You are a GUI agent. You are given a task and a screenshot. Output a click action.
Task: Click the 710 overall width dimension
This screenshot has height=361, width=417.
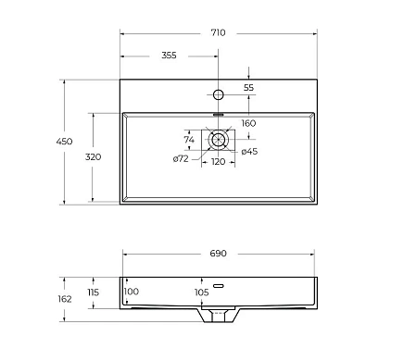(x=218, y=32)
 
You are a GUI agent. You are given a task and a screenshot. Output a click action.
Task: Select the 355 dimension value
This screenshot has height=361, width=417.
(x=169, y=56)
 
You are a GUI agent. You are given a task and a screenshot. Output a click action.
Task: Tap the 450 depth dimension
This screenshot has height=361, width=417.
(x=64, y=142)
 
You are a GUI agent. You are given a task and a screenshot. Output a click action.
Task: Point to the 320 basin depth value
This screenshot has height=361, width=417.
(x=93, y=156)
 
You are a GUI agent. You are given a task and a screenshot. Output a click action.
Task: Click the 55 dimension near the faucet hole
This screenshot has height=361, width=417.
(x=248, y=88)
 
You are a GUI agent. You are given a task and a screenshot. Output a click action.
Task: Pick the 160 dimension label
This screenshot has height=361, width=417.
(x=248, y=123)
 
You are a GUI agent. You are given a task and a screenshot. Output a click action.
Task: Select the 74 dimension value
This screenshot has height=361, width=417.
(x=189, y=140)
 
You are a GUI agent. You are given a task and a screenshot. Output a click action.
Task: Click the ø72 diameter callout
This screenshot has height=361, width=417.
(x=181, y=159)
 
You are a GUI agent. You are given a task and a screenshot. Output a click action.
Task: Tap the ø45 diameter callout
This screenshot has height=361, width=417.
(x=249, y=151)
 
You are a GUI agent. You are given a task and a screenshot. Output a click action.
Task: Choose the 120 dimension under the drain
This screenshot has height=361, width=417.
(x=218, y=162)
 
